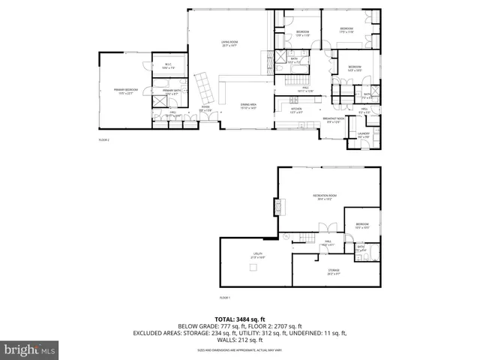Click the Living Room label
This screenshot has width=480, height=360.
(229, 43)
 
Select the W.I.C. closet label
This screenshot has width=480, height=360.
(169, 65)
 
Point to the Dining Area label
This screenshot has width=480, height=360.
(247, 106)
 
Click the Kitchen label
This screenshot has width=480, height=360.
(296, 110)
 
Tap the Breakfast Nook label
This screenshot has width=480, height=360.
(334, 119)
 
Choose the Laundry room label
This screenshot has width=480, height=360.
(364, 136)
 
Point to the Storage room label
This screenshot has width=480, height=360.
(333, 271)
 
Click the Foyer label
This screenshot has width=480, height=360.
(205, 108)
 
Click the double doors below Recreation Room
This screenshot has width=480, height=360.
(324, 228)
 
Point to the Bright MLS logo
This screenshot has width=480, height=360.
(30, 349)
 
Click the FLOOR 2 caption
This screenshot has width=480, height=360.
(104, 140)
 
